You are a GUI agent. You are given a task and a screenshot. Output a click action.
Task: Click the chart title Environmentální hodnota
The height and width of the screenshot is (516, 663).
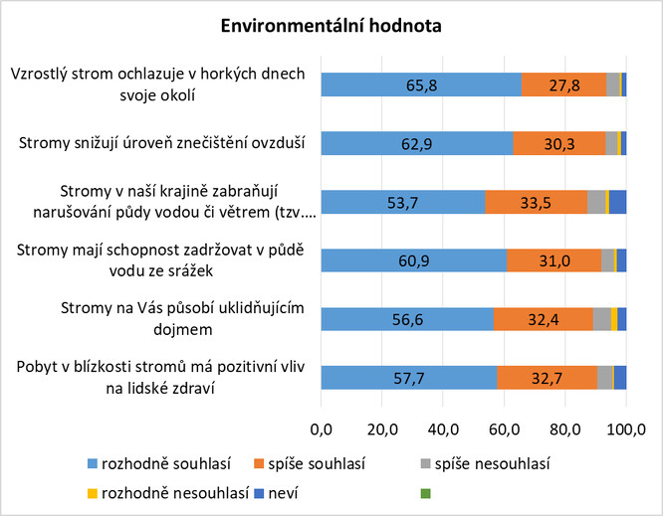point(331,24)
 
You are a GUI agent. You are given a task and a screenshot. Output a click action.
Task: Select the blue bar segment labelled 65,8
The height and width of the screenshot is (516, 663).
point(421,86)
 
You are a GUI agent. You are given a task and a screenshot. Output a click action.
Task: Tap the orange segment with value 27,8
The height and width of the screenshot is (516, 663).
point(563,86)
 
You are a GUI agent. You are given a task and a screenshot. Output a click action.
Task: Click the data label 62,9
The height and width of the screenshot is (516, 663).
point(417,144)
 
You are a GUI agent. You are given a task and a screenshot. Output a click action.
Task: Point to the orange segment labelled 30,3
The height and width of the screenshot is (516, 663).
point(559,144)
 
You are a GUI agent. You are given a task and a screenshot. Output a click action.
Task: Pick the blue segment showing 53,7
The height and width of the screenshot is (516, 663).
point(403,202)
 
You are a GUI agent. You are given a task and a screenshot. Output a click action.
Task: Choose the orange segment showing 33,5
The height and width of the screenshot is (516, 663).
point(536,202)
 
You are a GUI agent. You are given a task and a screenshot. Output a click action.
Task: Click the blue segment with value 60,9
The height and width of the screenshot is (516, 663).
point(414,260)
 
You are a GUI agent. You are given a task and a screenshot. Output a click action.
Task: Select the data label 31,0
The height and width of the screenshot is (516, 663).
point(553,260)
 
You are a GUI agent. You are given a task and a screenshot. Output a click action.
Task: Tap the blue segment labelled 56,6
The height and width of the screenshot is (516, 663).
point(407,318)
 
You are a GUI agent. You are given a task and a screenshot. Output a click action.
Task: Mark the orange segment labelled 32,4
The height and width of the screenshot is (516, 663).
point(544,318)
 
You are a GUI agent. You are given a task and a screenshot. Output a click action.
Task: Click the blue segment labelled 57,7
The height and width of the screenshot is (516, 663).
point(409,377)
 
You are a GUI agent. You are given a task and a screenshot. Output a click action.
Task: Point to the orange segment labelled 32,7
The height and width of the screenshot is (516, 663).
point(547,377)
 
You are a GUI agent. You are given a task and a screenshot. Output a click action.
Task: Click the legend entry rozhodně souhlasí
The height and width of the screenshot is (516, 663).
point(158,463)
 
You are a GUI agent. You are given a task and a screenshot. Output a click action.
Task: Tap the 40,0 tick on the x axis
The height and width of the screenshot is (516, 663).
point(443,430)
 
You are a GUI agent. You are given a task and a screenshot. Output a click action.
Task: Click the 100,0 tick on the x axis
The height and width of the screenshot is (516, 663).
point(626,430)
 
